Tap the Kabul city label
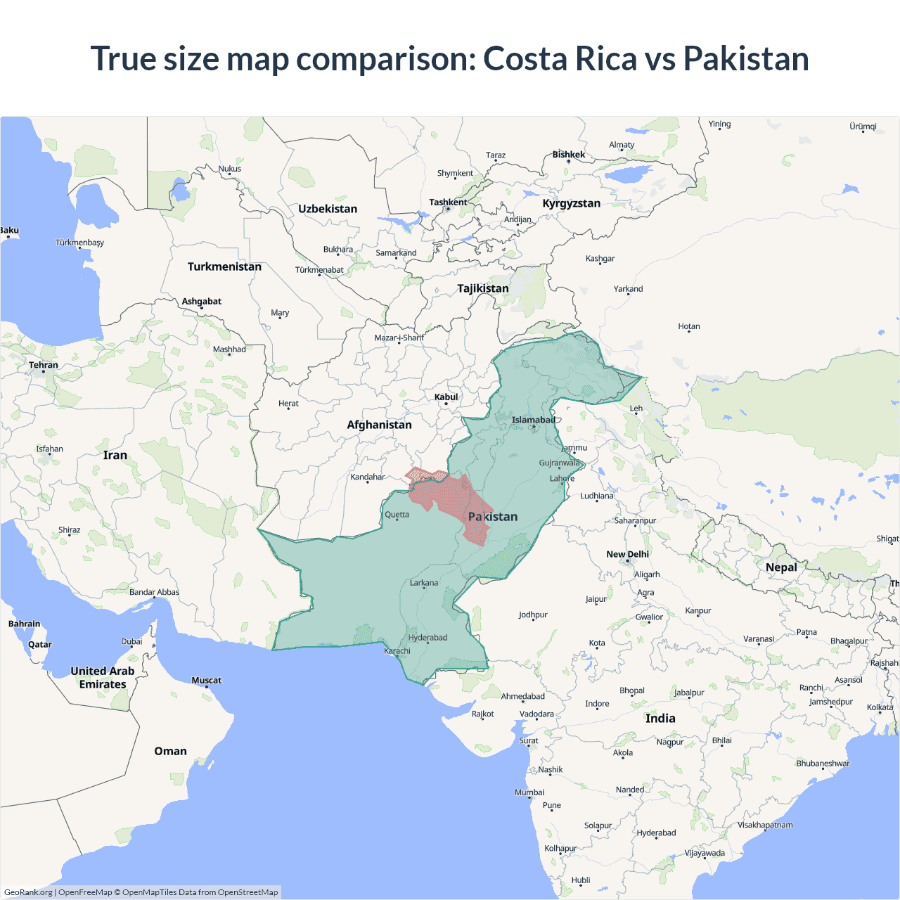(446, 397)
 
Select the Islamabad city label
(533, 420)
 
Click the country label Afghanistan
(379, 425)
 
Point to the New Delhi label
(627, 554)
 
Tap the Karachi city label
(397, 650)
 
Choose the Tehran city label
(44, 365)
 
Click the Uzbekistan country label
(328, 209)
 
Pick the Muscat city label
(206, 680)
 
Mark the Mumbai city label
(529, 792)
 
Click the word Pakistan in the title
(746, 58)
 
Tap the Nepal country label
(781, 567)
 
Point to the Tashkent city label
(448, 202)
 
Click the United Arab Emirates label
(103, 677)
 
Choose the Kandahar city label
(368, 477)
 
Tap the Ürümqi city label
(863, 127)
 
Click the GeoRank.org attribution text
(28, 892)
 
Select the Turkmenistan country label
(224, 266)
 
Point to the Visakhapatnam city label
(765, 825)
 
